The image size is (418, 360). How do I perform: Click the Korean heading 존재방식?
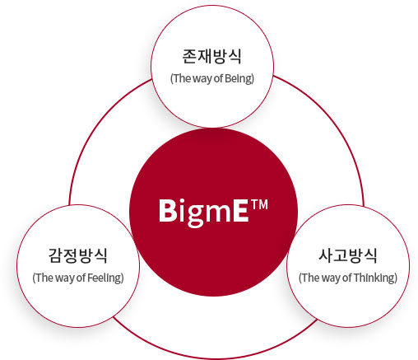click(x=211, y=56)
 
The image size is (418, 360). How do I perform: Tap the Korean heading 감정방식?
click(x=78, y=255)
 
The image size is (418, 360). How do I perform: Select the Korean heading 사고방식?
click(x=348, y=255)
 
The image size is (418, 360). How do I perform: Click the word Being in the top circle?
click(x=238, y=78)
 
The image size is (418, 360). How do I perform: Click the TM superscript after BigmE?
click(x=259, y=205)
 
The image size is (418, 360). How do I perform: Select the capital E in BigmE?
click(x=241, y=210)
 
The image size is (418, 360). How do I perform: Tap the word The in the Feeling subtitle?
click(x=44, y=278)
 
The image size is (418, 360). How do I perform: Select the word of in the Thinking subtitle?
click(x=347, y=278)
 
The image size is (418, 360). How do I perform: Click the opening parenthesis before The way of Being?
click(x=172, y=79)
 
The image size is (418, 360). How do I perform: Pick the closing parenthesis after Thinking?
click(x=396, y=278)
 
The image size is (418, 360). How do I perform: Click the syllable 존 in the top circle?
click(x=189, y=56)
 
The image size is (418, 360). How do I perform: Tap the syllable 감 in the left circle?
click(x=56, y=255)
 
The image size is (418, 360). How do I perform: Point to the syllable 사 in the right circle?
click(x=326, y=255)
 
